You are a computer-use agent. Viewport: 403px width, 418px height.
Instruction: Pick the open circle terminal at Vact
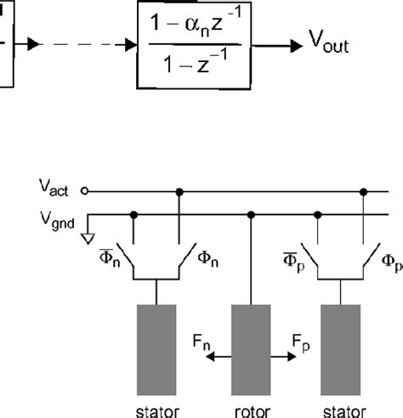[84, 192]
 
